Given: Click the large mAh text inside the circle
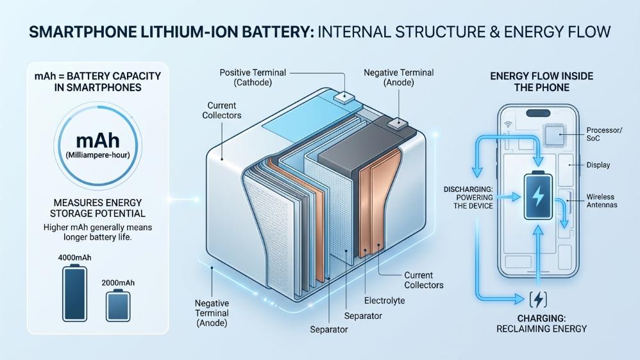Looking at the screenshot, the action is (98, 140).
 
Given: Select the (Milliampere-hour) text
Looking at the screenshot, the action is (98, 155).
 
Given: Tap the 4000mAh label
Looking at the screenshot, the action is (74, 257).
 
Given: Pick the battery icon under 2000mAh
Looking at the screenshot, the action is (118, 305).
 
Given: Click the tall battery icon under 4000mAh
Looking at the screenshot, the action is (74, 293).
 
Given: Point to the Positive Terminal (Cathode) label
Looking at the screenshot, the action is (253, 77).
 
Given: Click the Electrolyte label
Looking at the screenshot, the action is (385, 301).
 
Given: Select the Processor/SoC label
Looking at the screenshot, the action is (604, 134).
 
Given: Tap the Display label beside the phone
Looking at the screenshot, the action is (598, 165).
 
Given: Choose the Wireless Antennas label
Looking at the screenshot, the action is (602, 201).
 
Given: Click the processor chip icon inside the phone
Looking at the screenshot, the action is (555, 135).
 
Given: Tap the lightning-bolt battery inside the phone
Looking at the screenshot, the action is (539, 196).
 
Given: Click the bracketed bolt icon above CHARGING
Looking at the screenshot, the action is (538, 300).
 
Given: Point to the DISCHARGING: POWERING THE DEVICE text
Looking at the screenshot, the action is (468, 198).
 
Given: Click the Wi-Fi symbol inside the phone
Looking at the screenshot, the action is (508, 124).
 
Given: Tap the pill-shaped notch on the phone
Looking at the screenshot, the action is (538, 113).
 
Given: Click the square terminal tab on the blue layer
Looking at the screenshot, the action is (344, 97).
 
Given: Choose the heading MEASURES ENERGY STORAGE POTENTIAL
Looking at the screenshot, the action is (97, 208).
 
